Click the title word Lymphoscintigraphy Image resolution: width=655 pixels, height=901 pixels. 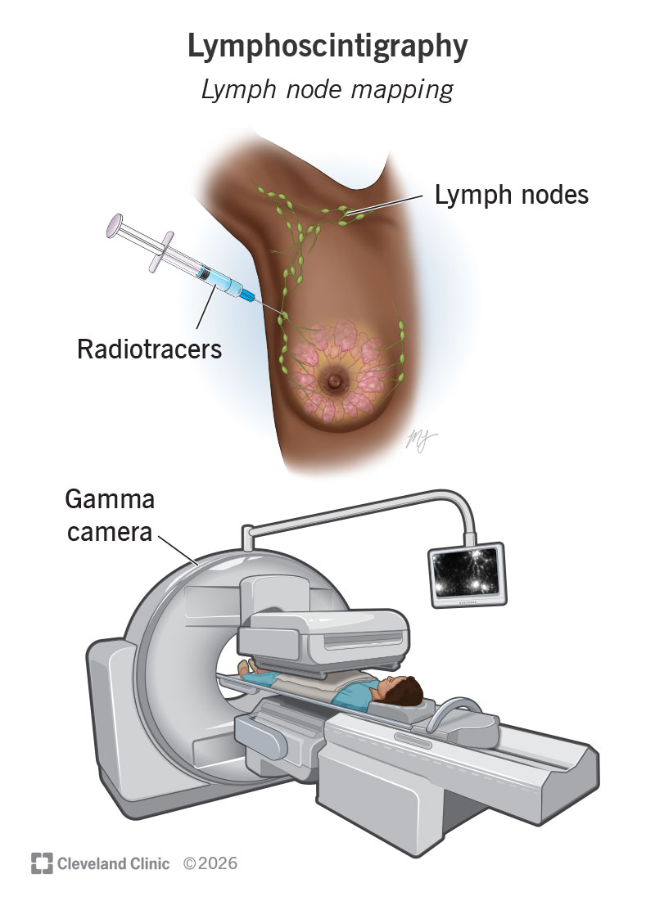click(327, 47)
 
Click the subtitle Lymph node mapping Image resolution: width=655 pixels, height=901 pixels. click(327, 89)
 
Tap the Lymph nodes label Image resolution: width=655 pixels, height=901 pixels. click(511, 196)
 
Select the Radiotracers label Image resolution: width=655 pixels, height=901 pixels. click(149, 349)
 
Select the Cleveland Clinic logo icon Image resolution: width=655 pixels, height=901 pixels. click(41, 863)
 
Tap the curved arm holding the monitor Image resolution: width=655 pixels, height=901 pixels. click(368, 511)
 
